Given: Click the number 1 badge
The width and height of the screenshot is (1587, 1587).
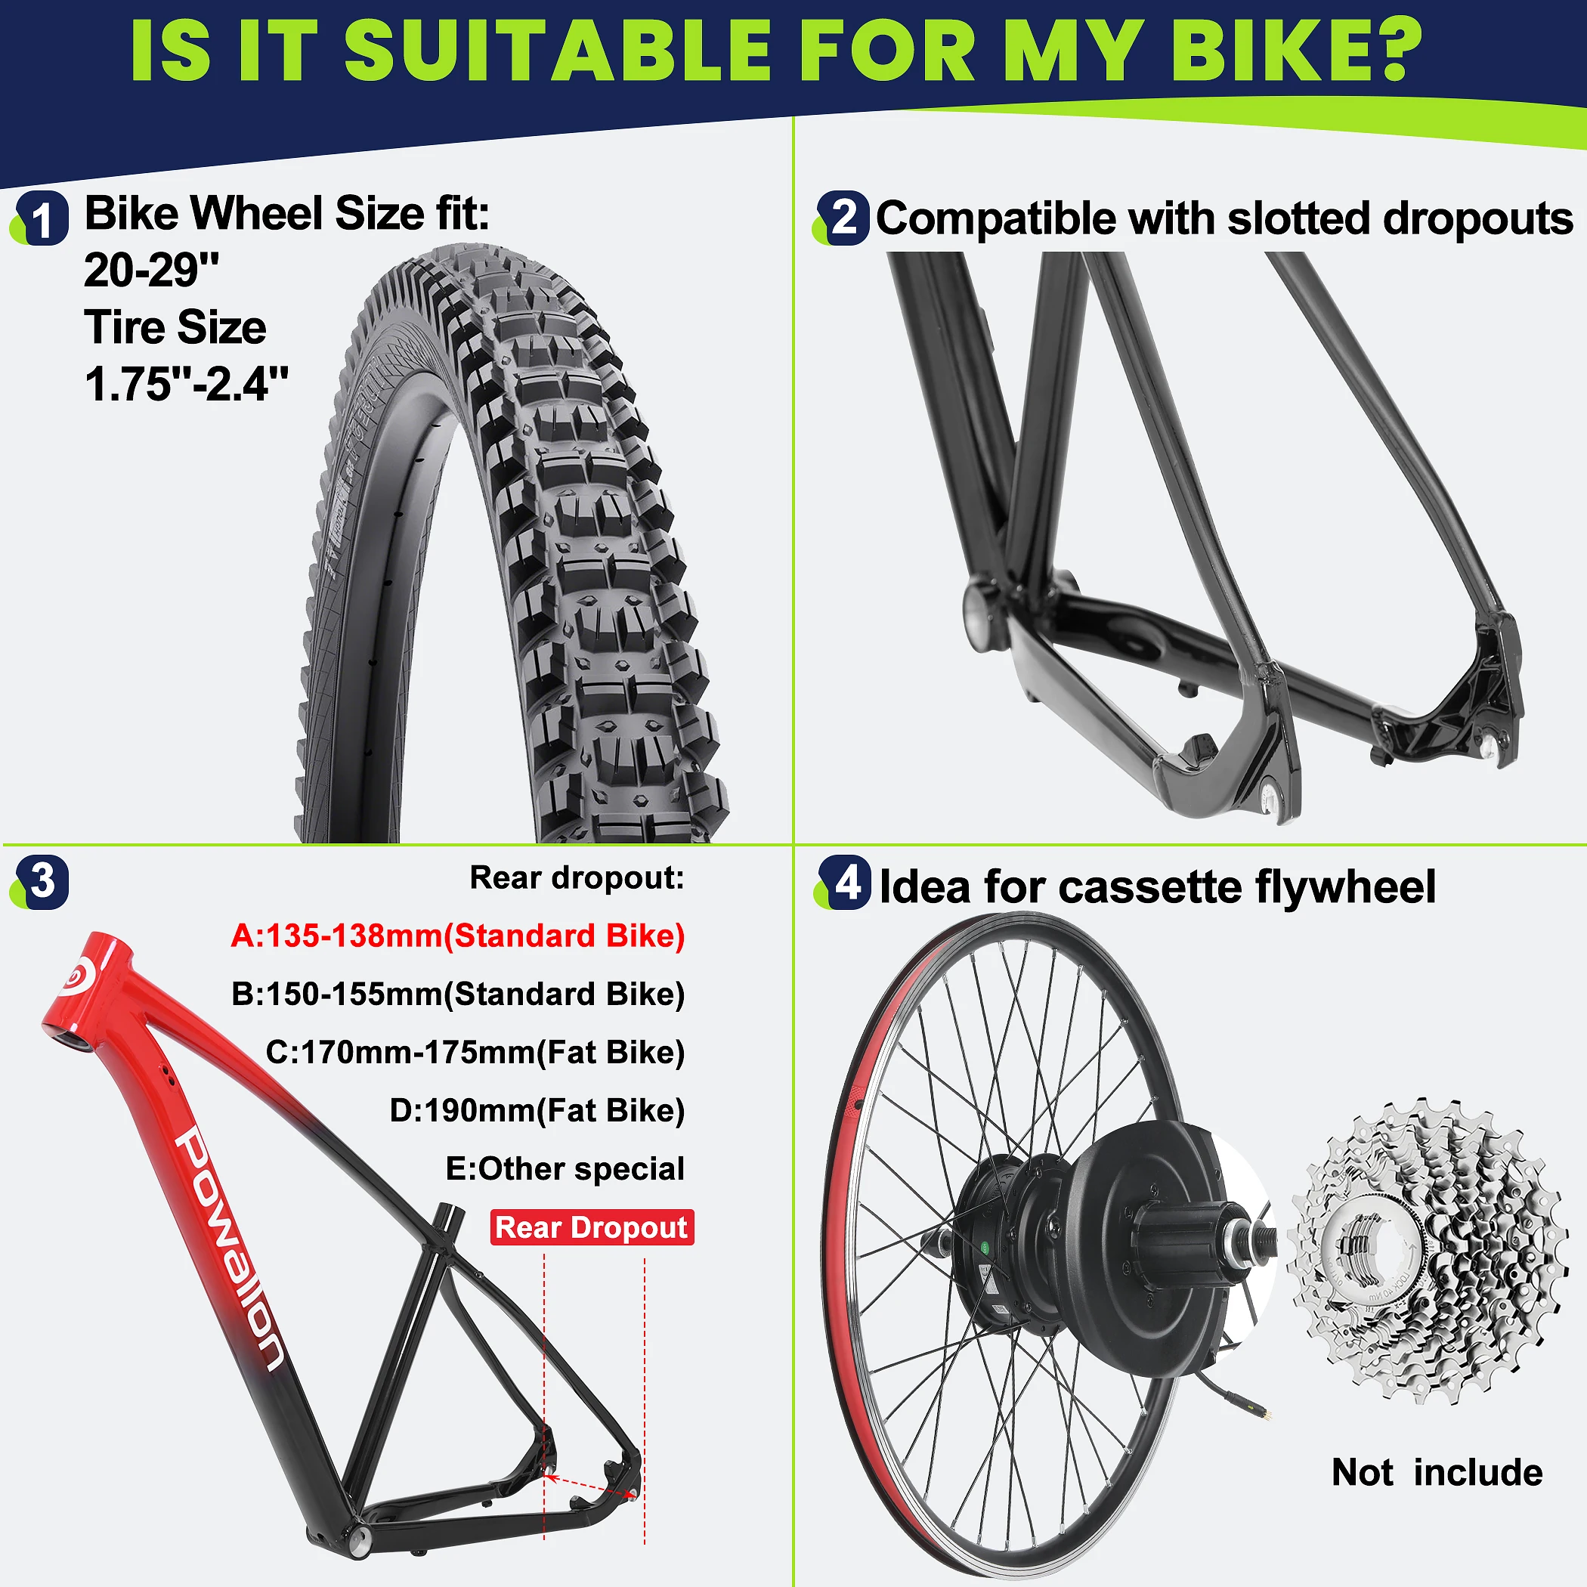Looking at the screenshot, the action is tap(42, 218).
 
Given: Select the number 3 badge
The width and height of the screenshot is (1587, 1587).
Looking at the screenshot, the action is tap(42, 882).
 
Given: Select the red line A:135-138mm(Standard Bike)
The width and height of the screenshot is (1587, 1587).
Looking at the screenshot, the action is tap(457, 936).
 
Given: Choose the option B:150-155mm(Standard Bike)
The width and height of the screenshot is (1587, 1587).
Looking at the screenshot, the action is tap(457, 994).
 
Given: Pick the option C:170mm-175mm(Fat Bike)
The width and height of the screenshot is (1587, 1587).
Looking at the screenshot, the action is tap(475, 1052).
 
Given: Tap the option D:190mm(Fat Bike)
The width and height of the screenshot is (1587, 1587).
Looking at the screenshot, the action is tap(537, 1111).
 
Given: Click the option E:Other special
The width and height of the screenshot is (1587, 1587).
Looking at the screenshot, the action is tap(565, 1168).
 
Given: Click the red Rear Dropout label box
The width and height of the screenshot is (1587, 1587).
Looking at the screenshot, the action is tap(592, 1227).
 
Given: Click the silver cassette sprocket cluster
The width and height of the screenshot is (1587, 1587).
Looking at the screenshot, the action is tap(1425, 1253).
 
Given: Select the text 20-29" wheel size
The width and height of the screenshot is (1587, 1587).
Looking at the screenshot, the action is tap(152, 271).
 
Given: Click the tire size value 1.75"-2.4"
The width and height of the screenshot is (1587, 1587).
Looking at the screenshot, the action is tap(187, 384).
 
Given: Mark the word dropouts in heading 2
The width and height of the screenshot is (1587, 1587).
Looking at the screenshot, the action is tap(1479, 219).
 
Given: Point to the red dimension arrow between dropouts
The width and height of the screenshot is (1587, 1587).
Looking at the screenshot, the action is tap(593, 1486).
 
